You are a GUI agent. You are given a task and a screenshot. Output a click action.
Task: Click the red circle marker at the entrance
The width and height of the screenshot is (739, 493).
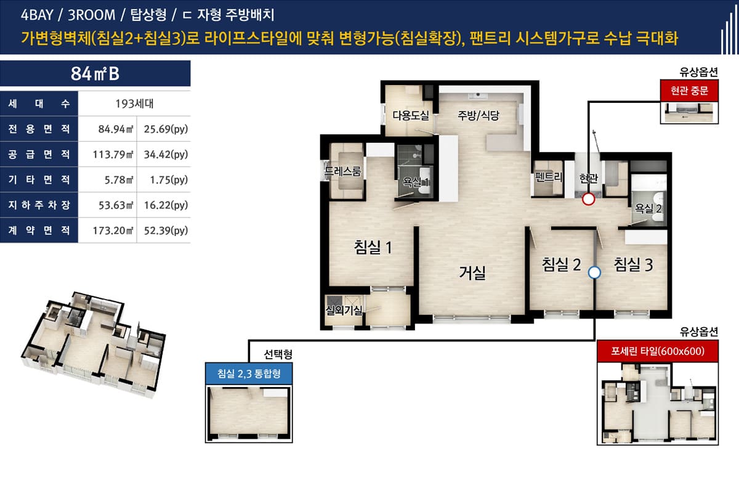pyautogui.click(x=588, y=199)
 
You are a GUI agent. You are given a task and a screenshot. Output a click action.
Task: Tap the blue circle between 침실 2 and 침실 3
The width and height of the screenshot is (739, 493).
pyautogui.click(x=594, y=273)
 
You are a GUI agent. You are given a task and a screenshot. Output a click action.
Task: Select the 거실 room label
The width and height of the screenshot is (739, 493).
pyautogui.click(x=472, y=273)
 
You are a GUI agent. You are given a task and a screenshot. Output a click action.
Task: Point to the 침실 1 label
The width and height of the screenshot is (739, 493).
pyautogui.click(x=373, y=247)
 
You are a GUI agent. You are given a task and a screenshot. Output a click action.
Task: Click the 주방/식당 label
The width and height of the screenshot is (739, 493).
pyautogui.click(x=479, y=115)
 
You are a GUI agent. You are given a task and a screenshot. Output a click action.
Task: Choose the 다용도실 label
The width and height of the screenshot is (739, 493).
pyautogui.click(x=411, y=115)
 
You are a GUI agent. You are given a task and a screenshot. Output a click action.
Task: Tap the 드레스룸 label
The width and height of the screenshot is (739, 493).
pyautogui.click(x=343, y=171)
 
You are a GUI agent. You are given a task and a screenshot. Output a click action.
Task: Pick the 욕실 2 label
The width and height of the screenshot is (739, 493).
pyautogui.click(x=648, y=208)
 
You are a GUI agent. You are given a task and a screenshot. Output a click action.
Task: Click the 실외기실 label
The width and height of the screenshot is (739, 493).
pyautogui.click(x=344, y=310)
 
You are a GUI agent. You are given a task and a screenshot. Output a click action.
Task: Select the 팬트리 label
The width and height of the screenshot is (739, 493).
pyautogui.click(x=548, y=177)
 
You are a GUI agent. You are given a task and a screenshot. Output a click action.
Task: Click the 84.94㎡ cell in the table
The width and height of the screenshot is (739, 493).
pyautogui.click(x=116, y=129)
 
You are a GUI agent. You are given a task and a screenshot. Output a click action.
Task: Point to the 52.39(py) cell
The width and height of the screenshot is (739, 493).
pyautogui.click(x=166, y=230)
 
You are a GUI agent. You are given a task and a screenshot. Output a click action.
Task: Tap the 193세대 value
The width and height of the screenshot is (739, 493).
pyautogui.click(x=134, y=104)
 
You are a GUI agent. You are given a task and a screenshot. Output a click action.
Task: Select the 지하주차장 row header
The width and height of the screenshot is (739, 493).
pyautogui.click(x=39, y=205)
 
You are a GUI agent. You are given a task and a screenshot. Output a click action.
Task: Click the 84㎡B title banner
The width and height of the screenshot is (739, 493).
pyautogui.click(x=95, y=73)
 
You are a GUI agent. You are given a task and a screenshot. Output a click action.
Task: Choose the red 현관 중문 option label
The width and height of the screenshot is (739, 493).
pyautogui.click(x=689, y=91)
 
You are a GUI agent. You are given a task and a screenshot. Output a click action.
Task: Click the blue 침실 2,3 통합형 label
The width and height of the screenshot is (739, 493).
pyautogui.click(x=249, y=373)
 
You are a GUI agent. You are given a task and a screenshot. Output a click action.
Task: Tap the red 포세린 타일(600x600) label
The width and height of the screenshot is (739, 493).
pyautogui.click(x=658, y=351)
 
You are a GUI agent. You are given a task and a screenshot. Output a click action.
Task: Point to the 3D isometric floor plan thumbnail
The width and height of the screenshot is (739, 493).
pyautogui.click(x=94, y=344)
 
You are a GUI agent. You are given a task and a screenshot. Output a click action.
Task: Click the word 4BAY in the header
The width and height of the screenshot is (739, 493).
pyautogui.click(x=37, y=15)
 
